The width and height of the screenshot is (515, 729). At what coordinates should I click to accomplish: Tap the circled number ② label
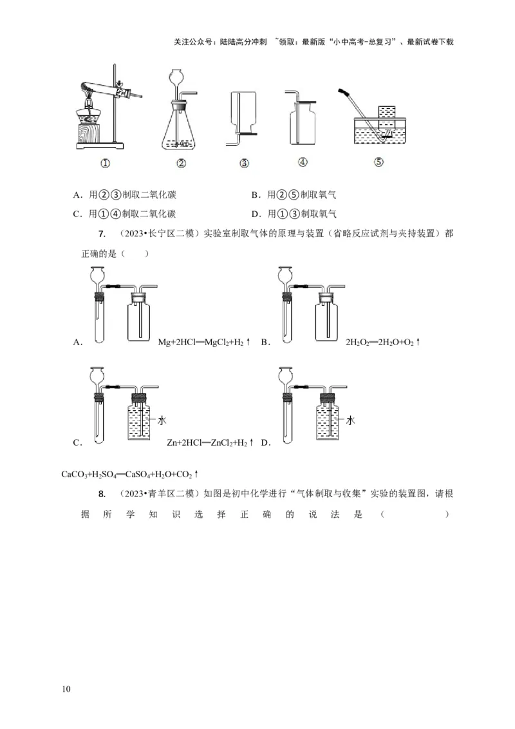[182, 164]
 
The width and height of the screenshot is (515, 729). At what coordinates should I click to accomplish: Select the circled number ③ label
[244, 164]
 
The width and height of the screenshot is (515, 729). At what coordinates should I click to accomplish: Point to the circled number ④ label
[303, 163]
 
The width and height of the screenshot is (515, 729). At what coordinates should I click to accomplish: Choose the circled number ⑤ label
[379, 162]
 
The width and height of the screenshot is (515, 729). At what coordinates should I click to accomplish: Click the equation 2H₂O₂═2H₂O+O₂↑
[382, 343]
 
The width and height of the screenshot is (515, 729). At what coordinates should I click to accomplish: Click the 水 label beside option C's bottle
[162, 420]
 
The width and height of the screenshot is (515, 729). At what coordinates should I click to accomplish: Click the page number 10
[66, 689]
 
